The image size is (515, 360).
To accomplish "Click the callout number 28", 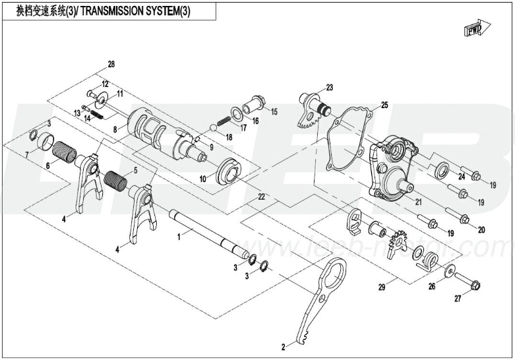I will coord(111,64).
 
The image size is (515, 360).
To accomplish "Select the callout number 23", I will coord(330,88).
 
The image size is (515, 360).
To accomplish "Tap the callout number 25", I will coord(384,105).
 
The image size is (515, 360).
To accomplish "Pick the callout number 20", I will coord(481,229).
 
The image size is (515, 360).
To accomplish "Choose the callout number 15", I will coord(274,111).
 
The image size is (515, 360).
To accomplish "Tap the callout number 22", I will coord(261,197).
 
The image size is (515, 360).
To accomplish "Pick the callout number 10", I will coord(202,178).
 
